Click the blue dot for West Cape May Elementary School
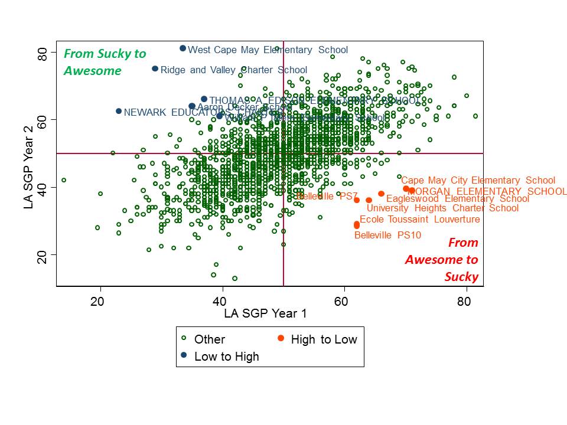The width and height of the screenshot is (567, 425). click(x=183, y=48)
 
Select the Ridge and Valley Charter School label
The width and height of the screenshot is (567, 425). click(x=234, y=70)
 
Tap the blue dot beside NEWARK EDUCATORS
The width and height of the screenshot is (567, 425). click(x=119, y=111)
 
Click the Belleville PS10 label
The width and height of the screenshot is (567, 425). click(x=387, y=235)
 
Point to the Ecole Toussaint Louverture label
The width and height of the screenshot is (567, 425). click(x=419, y=220)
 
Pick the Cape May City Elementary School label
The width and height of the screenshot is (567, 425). click(x=478, y=181)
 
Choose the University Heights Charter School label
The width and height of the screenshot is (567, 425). click(x=442, y=208)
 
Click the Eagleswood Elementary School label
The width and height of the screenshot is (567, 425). click(x=458, y=199)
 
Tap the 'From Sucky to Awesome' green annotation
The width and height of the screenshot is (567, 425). click(x=105, y=62)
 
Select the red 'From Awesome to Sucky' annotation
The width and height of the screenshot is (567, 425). click(x=442, y=260)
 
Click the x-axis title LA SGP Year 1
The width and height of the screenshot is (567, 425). click(x=265, y=314)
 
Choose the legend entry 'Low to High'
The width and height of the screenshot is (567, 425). click(x=227, y=356)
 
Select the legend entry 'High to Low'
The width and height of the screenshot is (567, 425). click(x=324, y=339)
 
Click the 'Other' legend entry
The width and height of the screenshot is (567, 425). click(x=209, y=339)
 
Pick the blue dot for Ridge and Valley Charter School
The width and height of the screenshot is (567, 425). click(x=155, y=69)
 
